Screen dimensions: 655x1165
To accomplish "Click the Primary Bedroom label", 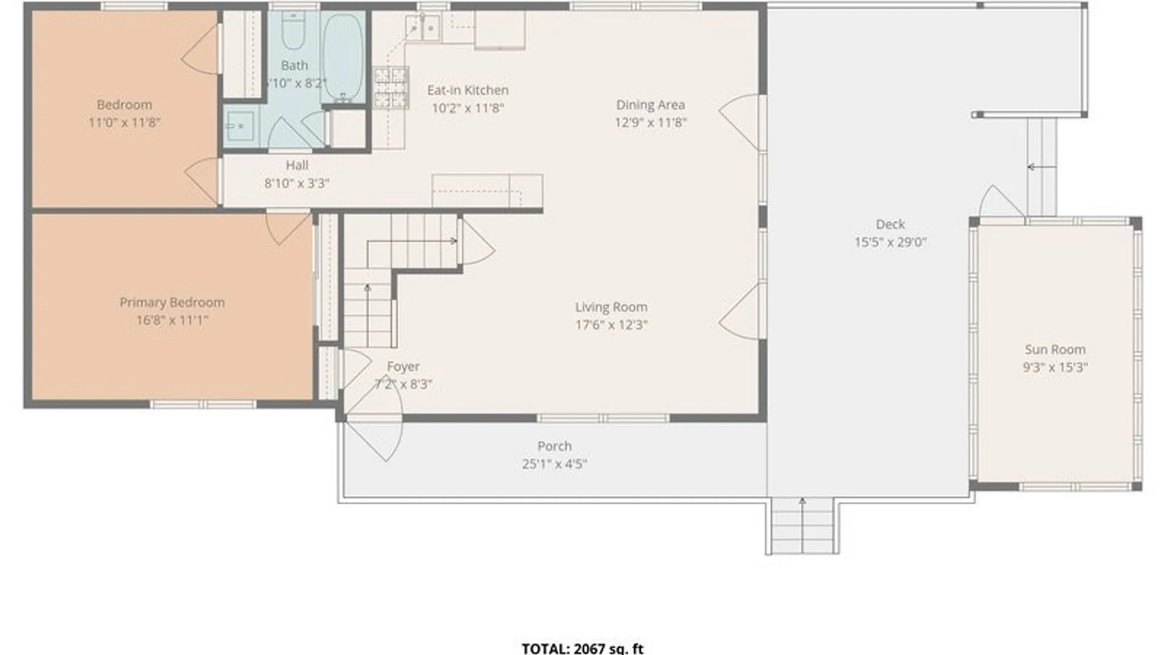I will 172,302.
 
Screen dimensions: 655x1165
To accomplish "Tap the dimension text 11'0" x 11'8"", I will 124,123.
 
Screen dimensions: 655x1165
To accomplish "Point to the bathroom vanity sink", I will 240,126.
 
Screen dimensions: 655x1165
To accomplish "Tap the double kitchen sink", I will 422,28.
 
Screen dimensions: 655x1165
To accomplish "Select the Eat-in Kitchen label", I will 468,90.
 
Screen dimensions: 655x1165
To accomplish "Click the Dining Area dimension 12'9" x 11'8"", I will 650,123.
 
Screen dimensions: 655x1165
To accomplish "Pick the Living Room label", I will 611,307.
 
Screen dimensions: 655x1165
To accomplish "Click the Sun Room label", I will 1055,349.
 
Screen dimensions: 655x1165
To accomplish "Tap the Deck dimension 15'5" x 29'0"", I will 890,242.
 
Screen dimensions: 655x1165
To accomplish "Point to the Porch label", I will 554,446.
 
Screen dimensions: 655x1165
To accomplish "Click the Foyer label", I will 403,366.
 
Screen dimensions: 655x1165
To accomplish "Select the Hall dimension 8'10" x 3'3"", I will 297,183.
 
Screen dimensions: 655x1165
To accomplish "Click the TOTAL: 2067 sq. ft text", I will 582,648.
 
